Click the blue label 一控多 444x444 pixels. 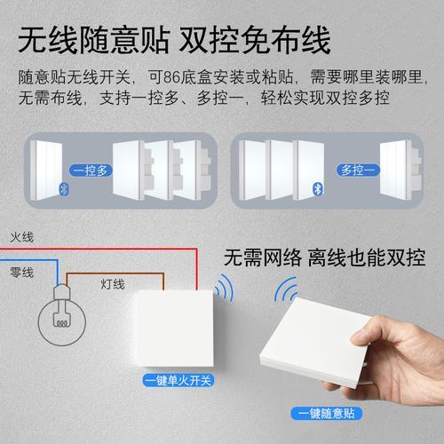91,170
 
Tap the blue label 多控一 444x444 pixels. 358,170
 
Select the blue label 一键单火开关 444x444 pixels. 178,380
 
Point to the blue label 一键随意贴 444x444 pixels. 327,413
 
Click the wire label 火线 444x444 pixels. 22,237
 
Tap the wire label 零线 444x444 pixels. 22,273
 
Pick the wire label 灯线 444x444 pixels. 113,284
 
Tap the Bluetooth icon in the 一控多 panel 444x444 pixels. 64,189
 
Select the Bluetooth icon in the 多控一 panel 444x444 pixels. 318,189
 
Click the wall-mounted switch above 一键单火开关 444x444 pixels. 173,329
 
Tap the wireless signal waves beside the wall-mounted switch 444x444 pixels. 224,288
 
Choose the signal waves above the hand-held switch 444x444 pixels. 285,290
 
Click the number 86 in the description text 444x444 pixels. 171,77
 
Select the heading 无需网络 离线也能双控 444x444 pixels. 325,258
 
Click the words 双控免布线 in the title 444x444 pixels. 255,40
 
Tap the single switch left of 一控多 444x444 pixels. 46,170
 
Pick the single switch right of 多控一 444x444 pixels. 400,170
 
